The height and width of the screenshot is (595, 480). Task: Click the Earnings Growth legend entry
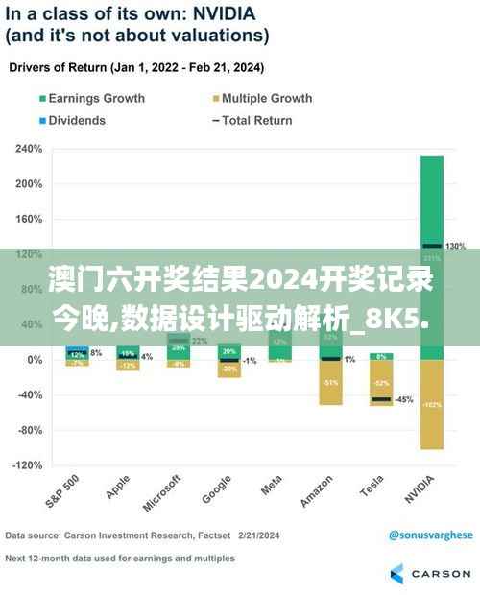91,98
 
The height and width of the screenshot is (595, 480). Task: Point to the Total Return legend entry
254,120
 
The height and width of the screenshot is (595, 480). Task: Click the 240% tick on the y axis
28,150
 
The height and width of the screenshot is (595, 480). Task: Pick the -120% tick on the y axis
27,464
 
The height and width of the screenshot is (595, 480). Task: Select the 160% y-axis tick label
28,219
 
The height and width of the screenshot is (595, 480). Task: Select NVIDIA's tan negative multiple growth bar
431,403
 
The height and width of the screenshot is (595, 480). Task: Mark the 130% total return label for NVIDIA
455,247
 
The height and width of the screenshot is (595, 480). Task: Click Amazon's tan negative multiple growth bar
330,382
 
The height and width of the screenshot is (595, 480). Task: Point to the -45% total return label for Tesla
403,399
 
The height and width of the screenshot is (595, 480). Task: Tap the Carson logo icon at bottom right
398,573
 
